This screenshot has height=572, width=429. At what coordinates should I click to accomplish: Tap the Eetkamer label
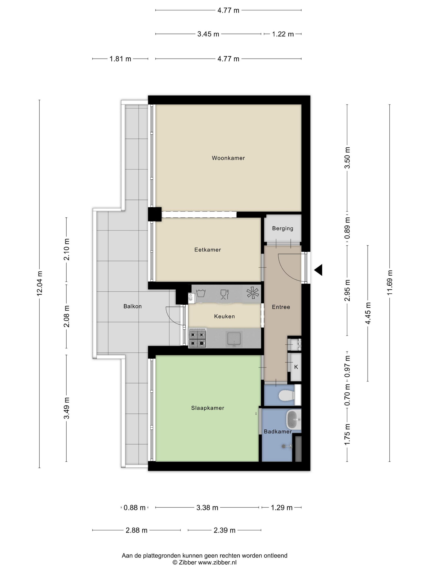pos(208,250)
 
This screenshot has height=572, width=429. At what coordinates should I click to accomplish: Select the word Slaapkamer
pos(208,408)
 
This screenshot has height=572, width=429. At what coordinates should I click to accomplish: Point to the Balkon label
pos(132,306)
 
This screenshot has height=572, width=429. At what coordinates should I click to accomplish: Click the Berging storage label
pos(283,228)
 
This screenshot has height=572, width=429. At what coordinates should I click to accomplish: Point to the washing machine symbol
pos(201,293)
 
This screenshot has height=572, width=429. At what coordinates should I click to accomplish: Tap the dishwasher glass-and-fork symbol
pos(225,294)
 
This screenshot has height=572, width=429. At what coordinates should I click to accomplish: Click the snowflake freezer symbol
pos(253,293)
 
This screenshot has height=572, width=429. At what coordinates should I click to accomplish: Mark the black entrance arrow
pos(318,270)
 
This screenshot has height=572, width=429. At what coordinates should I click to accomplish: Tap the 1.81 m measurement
pos(120,59)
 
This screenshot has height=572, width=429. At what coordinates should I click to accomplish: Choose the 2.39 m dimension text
pos(225,530)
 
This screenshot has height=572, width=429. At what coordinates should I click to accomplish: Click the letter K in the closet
pos(296,367)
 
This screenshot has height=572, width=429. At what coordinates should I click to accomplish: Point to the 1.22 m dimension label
pos(283,34)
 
